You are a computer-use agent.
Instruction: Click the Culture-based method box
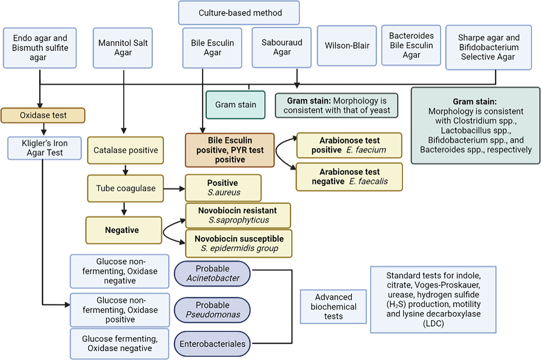[x=239, y=13]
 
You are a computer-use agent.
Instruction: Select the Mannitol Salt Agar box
[x=123, y=48]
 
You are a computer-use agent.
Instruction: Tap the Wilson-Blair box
[x=347, y=46]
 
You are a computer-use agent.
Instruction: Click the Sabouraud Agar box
[x=282, y=47]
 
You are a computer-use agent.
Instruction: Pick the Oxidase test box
[x=43, y=115]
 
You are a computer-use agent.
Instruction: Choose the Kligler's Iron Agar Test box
[x=45, y=148]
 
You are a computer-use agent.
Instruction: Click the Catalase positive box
[x=125, y=150]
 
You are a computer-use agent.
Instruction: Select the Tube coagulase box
[x=125, y=188]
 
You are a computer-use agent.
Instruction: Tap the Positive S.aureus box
[x=223, y=188]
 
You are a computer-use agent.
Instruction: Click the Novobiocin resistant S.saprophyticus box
[x=238, y=215]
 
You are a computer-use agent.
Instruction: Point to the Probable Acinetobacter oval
[x=212, y=273]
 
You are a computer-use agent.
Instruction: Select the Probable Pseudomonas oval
[x=212, y=310]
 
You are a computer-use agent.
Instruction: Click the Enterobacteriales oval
[x=212, y=344]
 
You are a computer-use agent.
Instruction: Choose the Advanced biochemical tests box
[x=333, y=307]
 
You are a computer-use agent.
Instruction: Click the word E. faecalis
[x=368, y=181]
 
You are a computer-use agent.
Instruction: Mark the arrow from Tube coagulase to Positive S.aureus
[x=174, y=189]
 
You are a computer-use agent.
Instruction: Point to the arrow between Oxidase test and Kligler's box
[x=44, y=129]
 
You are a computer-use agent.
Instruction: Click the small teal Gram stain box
[x=235, y=105]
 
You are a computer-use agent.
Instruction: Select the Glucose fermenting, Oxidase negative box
[x=120, y=344]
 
